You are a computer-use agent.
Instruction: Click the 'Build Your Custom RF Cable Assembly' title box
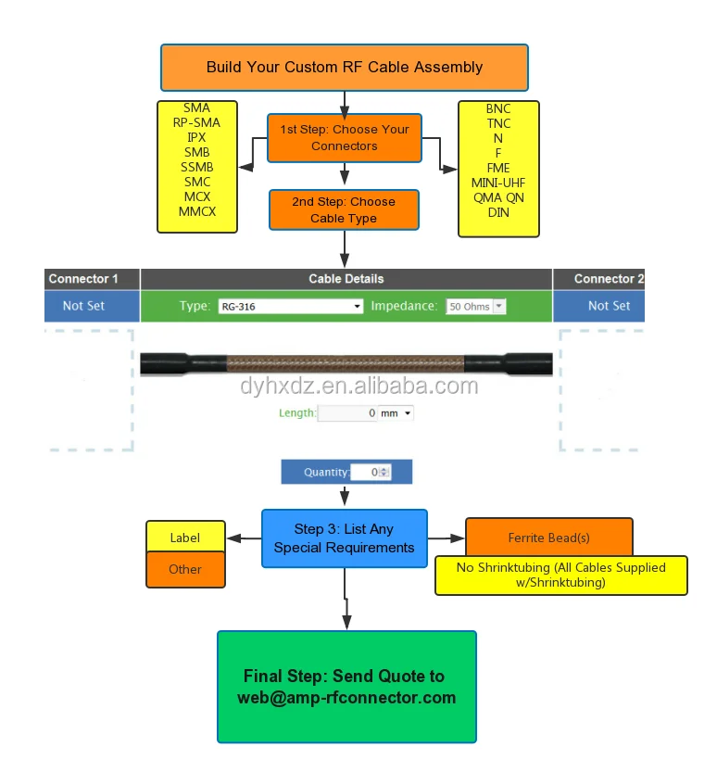[x=345, y=67]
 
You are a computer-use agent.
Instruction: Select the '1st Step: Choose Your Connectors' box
[x=344, y=138]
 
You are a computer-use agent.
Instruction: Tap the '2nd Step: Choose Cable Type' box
[x=344, y=210]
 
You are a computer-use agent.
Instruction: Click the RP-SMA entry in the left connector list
[x=196, y=122]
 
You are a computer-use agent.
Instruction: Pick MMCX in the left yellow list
[x=196, y=211]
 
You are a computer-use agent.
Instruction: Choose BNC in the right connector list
[x=498, y=108]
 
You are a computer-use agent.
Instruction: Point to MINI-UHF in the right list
[x=498, y=183]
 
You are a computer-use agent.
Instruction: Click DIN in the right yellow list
[x=498, y=212]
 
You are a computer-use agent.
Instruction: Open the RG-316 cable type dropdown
[x=290, y=306]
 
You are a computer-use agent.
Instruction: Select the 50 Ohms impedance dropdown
[x=476, y=306]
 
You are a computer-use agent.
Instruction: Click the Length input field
[x=347, y=413]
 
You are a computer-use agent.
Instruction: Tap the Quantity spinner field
[x=371, y=473]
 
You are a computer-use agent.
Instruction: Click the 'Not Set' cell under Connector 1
[x=83, y=306]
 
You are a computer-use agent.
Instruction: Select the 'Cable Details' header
[x=346, y=279]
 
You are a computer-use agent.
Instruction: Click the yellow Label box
[x=185, y=538]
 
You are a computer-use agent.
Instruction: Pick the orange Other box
[x=185, y=569]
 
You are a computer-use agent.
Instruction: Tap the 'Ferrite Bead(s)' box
[x=548, y=538]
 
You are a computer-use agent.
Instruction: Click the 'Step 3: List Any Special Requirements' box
[x=344, y=538]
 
